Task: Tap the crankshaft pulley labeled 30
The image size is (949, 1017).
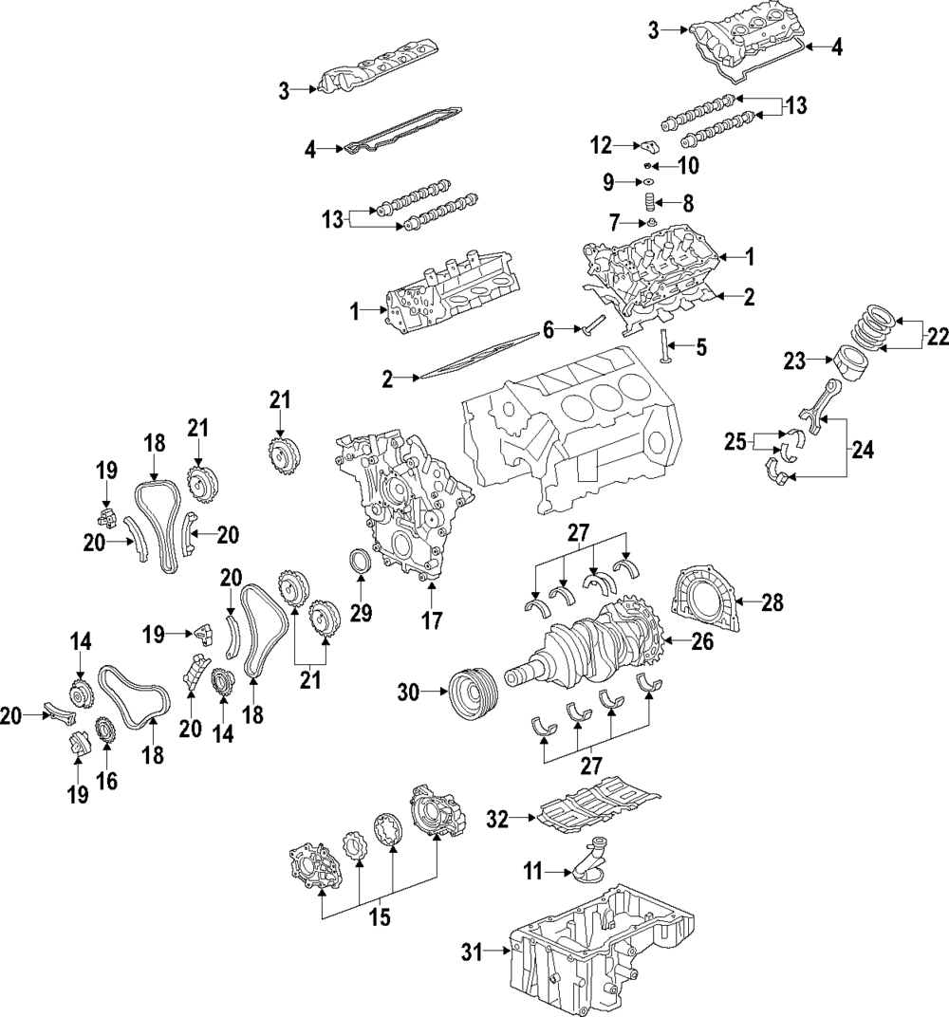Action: pos(474,693)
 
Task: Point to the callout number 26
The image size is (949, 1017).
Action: pos(702,641)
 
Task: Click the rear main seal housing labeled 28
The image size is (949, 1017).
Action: pos(707,598)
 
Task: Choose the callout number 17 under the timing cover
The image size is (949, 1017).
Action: pos(432,620)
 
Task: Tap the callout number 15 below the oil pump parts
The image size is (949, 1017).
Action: pos(380,917)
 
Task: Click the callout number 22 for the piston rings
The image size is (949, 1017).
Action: pos(937,338)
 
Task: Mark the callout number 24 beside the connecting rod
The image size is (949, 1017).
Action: pos(862,449)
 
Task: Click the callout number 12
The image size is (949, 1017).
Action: pos(602,146)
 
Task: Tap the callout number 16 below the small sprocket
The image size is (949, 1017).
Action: pos(107,781)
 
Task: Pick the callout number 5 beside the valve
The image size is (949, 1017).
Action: pos(701,347)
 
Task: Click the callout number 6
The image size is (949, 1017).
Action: pos(549,330)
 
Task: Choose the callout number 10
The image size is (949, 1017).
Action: pos(689,165)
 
